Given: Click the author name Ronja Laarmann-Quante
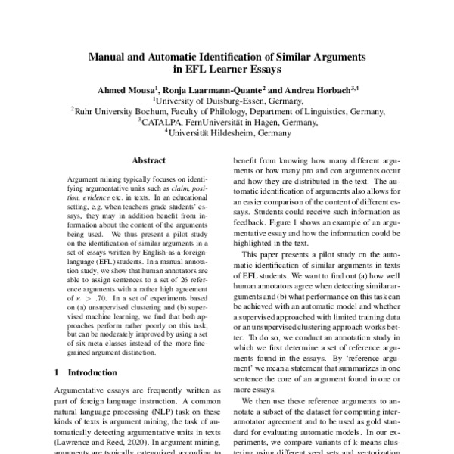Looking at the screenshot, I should click(x=213, y=89).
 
